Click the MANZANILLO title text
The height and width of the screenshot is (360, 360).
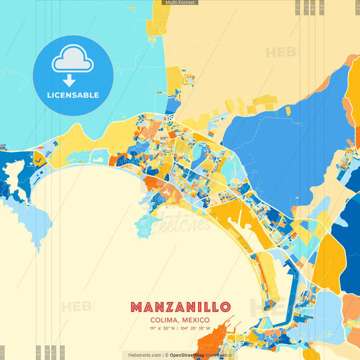pyautogui.click(x=180, y=307)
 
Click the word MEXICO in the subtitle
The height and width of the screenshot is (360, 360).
pyautogui.click(x=195, y=319)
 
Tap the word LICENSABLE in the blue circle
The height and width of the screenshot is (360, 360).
pyautogui.click(x=73, y=95)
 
